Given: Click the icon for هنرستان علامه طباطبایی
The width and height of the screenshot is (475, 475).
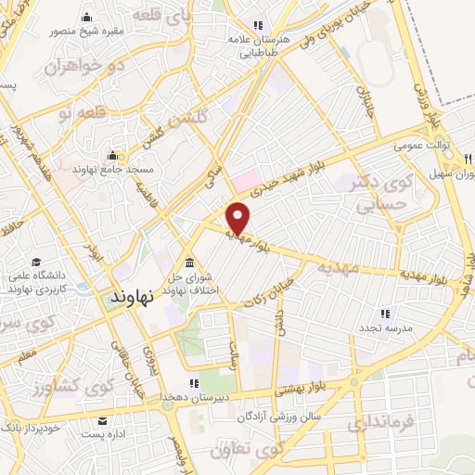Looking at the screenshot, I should point(259,24).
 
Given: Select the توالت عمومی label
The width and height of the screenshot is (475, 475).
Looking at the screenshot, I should point(418,147).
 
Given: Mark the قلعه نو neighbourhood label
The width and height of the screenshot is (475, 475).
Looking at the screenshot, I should point(83,113).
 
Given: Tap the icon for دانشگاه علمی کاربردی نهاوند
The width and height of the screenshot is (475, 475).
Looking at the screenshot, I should point(35,263).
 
